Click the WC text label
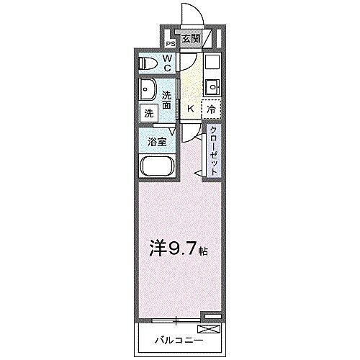166,63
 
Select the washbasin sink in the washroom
148,92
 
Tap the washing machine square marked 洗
148,113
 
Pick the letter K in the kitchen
189,108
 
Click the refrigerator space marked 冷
212,109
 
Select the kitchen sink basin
212,88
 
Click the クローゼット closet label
214,149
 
